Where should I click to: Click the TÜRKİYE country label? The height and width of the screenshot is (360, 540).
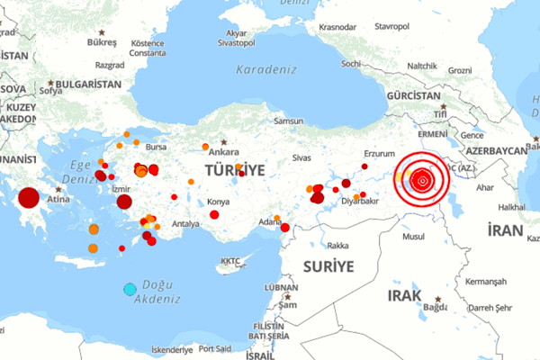235,169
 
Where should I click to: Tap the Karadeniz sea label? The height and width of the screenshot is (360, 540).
266,69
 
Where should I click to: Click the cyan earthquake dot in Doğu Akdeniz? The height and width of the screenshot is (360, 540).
130,289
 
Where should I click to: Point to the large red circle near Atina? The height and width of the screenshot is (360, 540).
29,198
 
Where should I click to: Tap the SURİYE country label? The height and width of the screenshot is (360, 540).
328,265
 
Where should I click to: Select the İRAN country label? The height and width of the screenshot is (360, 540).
505,230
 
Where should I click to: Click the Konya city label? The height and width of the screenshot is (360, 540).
219,202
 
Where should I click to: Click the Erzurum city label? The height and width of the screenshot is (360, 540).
379,154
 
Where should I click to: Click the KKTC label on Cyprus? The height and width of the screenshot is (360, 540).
231,263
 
